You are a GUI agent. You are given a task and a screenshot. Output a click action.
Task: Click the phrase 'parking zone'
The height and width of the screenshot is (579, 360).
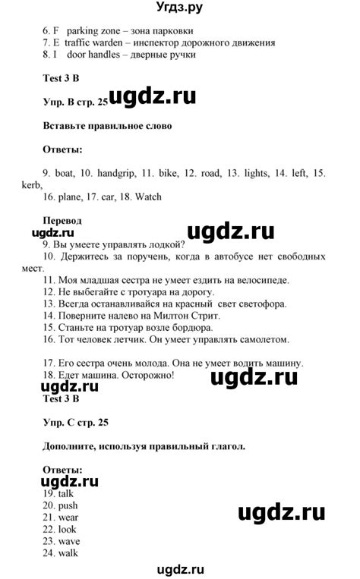[91, 31]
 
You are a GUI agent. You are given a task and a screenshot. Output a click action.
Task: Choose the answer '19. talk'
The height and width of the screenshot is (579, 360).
[62, 493]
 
